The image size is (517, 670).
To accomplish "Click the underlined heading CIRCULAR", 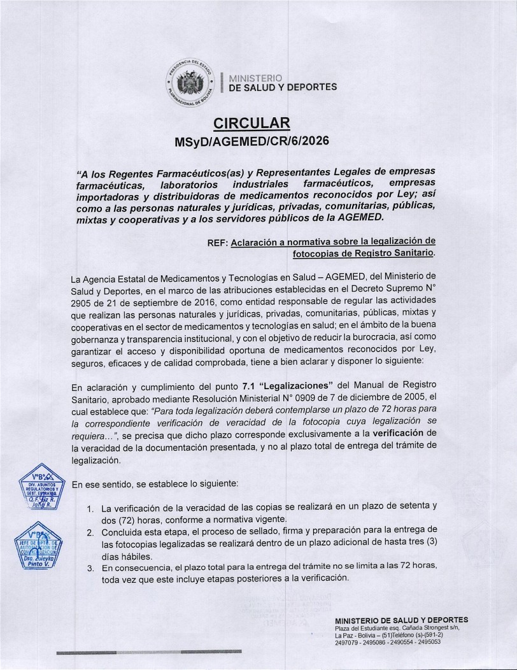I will coord(251,123).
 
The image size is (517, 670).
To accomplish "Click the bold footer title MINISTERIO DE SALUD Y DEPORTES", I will coord(401,620).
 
